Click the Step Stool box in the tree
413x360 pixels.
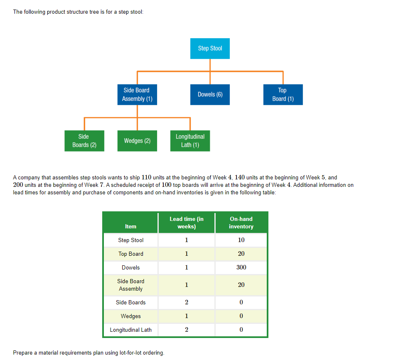click(210, 49)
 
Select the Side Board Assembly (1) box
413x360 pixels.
click(137, 95)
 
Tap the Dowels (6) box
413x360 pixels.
click(210, 95)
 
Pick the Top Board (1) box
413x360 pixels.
click(283, 95)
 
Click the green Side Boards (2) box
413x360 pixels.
click(84, 141)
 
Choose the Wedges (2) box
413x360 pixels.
click(137, 141)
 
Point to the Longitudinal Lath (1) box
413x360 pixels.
click(190, 141)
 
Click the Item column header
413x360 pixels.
click(130, 226)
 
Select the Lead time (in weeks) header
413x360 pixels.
click(187, 223)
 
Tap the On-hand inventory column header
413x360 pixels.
click(241, 223)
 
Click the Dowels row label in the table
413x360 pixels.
click(130, 267)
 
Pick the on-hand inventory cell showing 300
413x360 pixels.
click(241, 267)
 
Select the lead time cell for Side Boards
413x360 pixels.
click(187, 302)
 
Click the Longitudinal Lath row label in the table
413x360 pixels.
click(130, 330)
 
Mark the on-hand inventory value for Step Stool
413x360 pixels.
click(241, 240)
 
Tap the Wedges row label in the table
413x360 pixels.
click(130, 316)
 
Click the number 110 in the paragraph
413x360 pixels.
click(147, 177)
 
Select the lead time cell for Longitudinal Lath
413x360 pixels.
click(187, 330)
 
